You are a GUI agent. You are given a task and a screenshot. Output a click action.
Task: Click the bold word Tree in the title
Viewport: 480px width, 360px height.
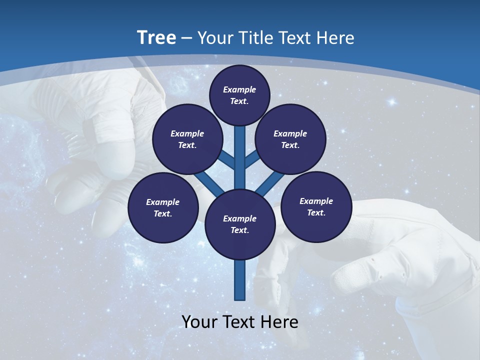[156, 37]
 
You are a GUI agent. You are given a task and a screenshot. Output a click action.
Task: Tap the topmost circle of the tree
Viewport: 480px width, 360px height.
[239, 95]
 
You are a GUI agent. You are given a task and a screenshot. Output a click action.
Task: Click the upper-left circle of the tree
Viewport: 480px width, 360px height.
[187, 139]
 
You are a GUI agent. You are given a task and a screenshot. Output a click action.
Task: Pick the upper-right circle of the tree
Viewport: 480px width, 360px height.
[290, 139]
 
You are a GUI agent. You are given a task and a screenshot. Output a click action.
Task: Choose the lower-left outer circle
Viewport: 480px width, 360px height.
[162, 207]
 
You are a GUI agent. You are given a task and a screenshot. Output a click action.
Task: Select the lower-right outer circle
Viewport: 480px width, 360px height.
[316, 206]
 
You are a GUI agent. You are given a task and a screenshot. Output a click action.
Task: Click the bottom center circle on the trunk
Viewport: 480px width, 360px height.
[239, 224]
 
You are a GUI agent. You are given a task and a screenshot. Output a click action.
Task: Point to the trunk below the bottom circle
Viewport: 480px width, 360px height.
[240, 280]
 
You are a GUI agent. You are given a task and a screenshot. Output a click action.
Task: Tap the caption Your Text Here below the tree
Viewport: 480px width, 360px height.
[240, 321]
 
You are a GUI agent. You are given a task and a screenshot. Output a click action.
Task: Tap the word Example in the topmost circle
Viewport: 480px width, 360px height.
[239, 89]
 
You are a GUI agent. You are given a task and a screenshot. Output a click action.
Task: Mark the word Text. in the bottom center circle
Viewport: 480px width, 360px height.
[239, 230]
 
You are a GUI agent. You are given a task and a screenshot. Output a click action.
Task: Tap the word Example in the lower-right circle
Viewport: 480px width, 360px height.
[316, 201]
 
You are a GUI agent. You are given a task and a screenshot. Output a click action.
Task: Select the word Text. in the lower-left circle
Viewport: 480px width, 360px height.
[162, 213]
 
